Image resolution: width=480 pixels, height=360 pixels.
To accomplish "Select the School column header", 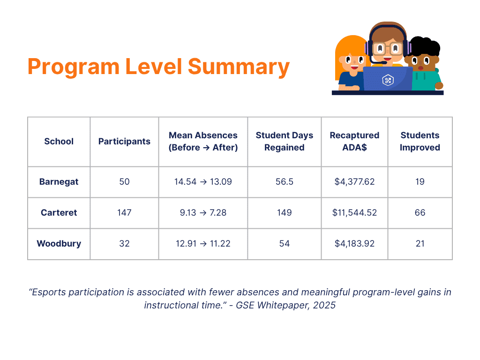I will (x=59, y=142).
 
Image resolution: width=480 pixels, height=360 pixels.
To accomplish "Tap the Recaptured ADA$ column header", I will (x=354, y=142).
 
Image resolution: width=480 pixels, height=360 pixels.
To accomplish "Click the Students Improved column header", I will (x=420, y=142).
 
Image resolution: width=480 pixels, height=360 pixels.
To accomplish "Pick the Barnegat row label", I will (x=59, y=182).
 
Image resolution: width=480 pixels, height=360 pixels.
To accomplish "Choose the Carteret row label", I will (x=59, y=213).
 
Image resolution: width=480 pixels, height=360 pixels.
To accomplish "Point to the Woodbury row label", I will (x=59, y=244).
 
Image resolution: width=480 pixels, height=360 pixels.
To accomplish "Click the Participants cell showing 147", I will (x=124, y=213).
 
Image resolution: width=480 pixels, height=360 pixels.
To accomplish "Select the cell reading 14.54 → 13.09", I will (x=203, y=182).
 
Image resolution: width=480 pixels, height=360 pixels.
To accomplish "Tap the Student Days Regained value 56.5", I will (x=284, y=182).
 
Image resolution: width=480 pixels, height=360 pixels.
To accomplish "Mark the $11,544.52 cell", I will (x=354, y=213).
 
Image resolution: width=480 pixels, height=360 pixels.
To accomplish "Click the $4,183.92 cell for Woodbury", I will (x=354, y=244).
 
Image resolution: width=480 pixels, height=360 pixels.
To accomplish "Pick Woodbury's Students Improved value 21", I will (x=420, y=244).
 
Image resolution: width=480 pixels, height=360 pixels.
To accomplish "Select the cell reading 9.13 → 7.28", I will (x=203, y=213).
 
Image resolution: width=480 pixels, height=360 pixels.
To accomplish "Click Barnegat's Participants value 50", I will (x=124, y=182).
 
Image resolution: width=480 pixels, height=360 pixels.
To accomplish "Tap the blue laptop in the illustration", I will (x=388, y=79).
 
